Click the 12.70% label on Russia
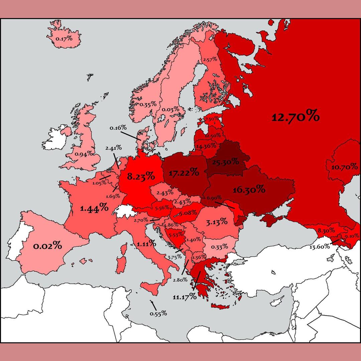coord(295,117)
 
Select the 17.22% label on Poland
coord(184,173)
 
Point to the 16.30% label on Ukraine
coord(249,190)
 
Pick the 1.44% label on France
coord(94,208)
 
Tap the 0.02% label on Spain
coord(47,246)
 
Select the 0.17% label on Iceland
coord(64,38)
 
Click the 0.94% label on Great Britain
coord(84,154)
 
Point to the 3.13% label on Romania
coord(217,221)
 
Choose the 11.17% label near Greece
coord(185,296)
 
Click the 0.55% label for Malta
coord(158,314)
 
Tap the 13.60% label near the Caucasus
coord(320,247)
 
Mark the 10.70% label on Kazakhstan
coord(344,167)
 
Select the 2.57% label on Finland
coord(210,59)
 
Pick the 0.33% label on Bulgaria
coord(220,247)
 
